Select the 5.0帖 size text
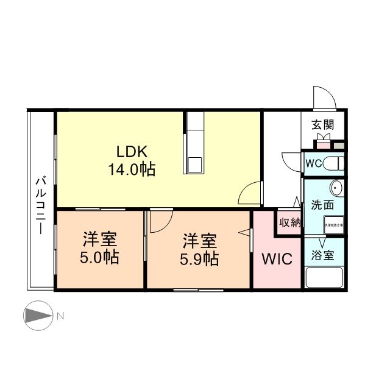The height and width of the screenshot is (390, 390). pyautogui.click(x=99, y=257)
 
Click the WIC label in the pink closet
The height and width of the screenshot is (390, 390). pyautogui.click(x=277, y=259)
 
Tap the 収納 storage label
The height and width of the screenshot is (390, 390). pyautogui.click(x=290, y=222)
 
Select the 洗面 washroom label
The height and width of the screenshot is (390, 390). pyautogui.click(x=322, y=205)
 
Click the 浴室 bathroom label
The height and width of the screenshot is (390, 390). pyautogui.click(x=323, y=256)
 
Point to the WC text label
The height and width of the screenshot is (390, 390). pyautogui.click(x=313, y=164)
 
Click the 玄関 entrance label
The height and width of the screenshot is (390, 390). pyautogui.click(x=323, y=125)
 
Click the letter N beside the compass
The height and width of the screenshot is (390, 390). pyautogui.click(x=60, y=316)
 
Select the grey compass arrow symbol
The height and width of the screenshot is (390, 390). pyautogui.click(x=38, y=316)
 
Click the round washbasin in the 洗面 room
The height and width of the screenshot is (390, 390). pyautogui.click(x=336, y=187)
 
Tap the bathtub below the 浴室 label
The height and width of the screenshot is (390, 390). pyautogui.click(x=324, y=279)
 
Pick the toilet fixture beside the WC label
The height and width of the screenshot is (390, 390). pyautogui.click(x=334, y=163)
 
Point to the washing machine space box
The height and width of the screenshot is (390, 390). pyautogui.click(x=333, y=224)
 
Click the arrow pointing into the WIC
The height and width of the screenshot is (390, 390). pyautogui.click(x=246, y=232)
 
